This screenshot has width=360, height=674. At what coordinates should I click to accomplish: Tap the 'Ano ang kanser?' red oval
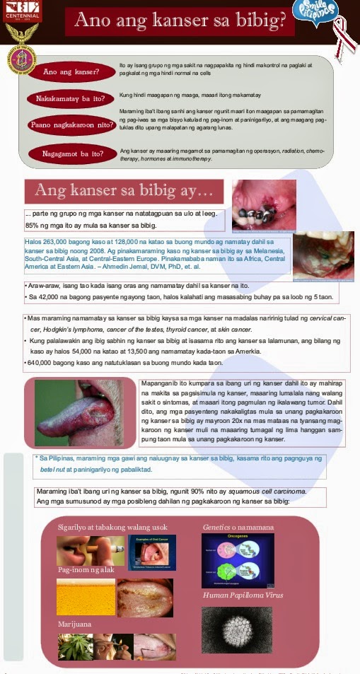71,72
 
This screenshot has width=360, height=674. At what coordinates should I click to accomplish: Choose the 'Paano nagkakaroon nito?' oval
71,125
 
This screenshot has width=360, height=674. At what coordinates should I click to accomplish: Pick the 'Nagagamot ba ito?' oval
71,153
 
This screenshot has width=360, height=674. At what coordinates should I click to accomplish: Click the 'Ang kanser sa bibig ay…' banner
124,190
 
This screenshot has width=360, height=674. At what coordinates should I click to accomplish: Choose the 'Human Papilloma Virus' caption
243,595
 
